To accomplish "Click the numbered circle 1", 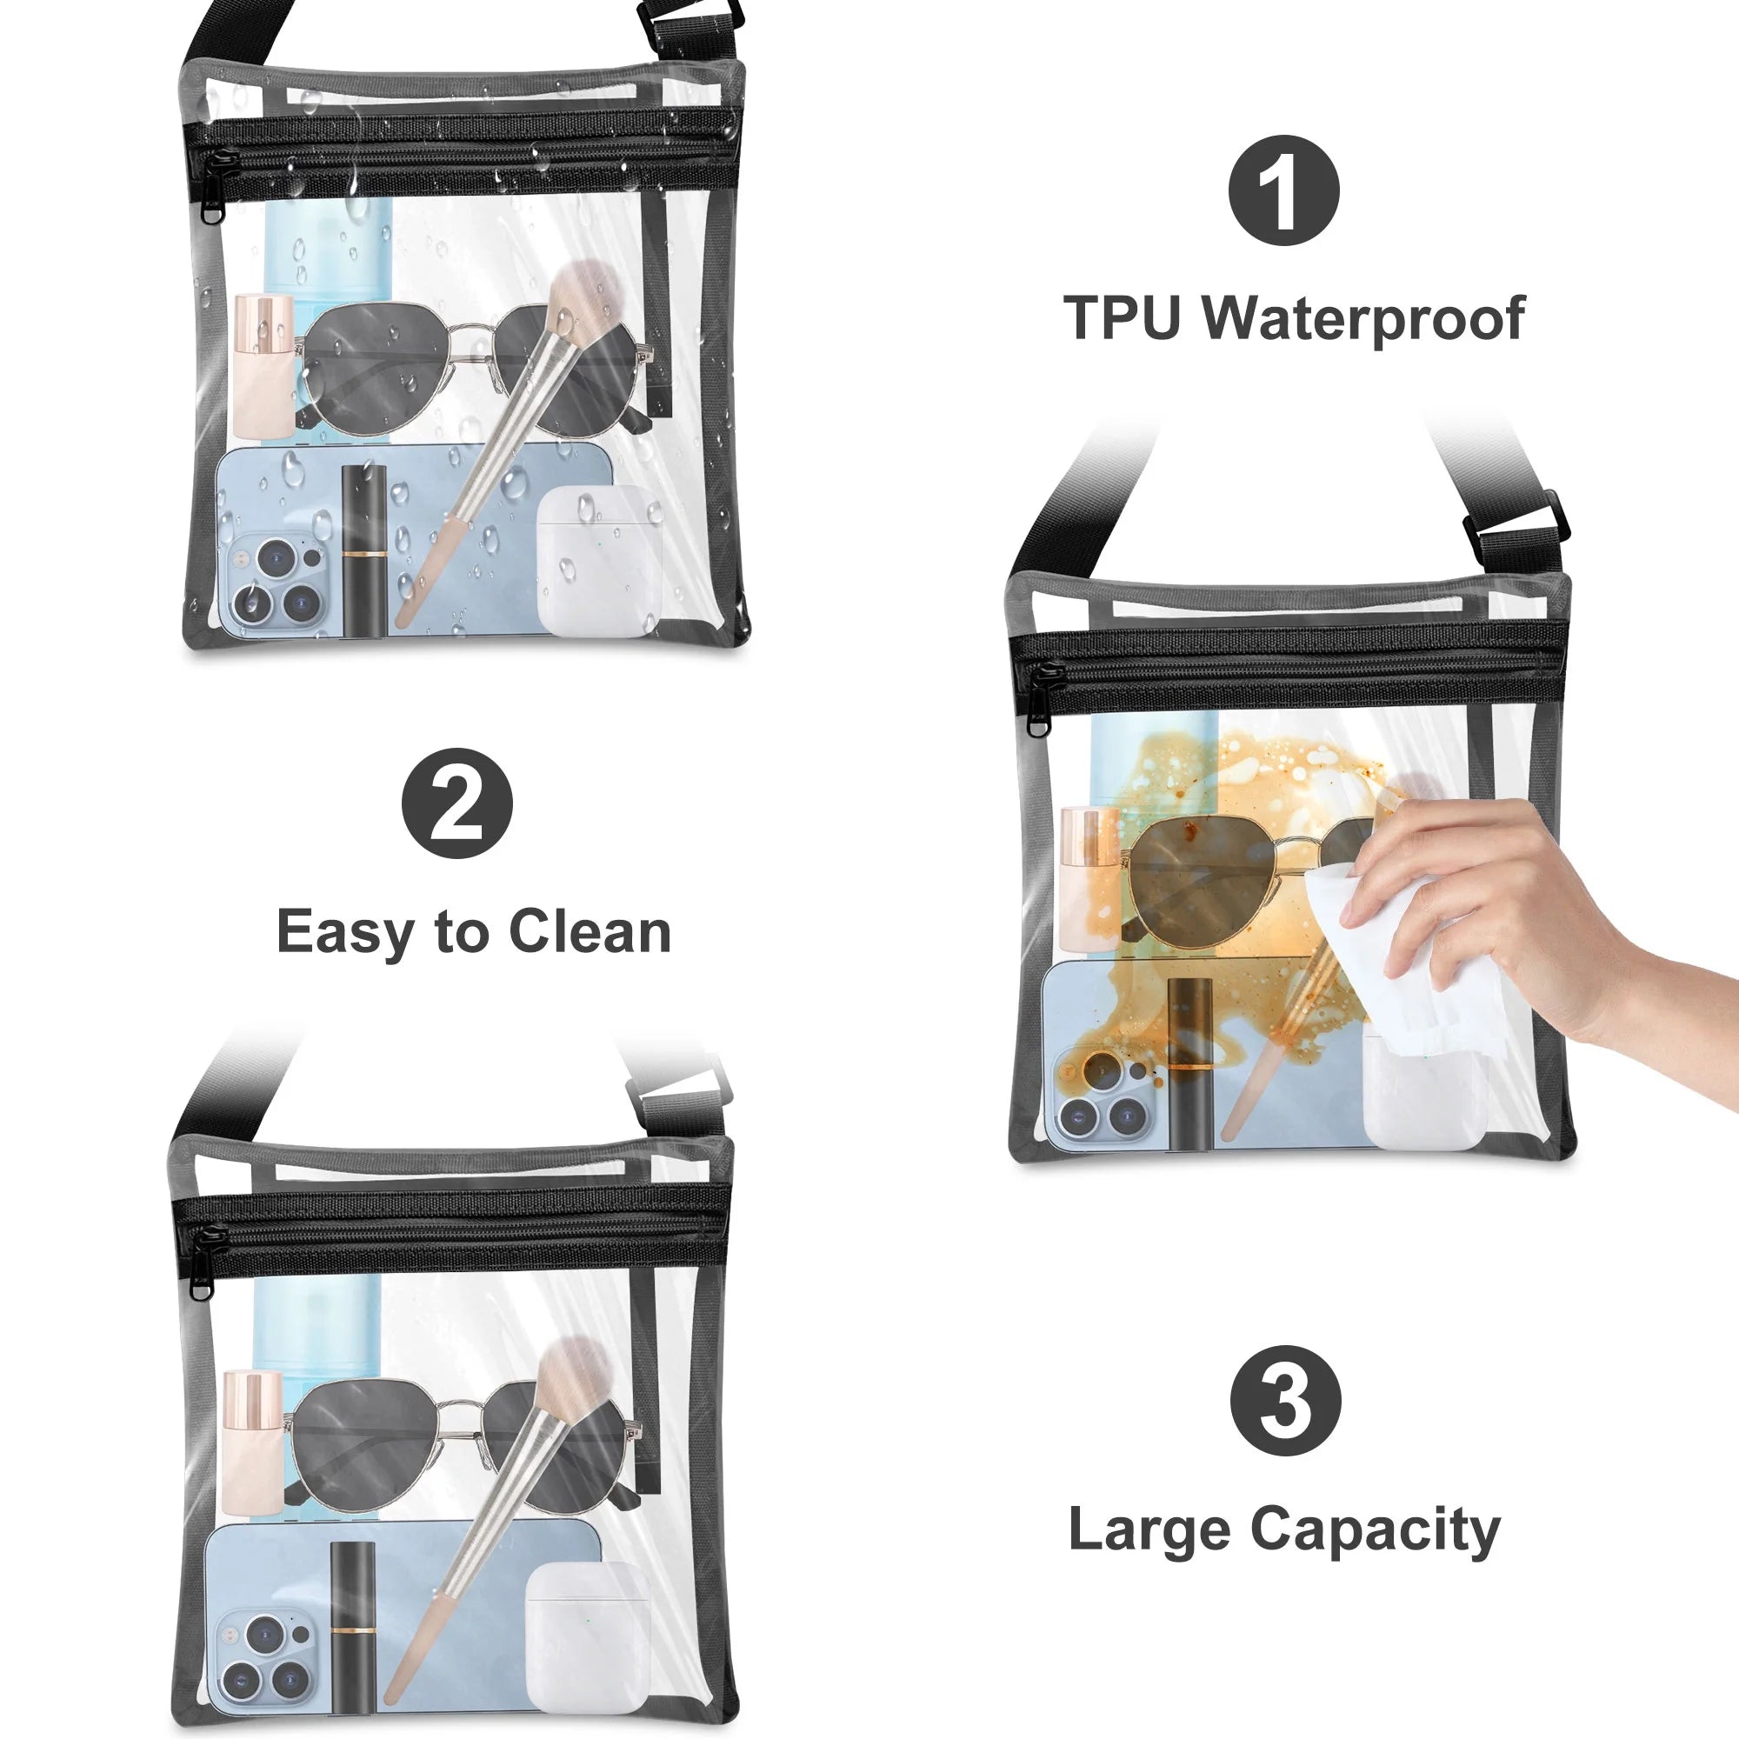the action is click(x=1283, y=190).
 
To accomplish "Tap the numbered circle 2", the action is click(x=456, y=803).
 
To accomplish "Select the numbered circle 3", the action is click(x=1285, y=1402).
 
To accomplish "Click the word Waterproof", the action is click(x=1363, y=319).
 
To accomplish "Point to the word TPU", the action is click(x=1123, y=317).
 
